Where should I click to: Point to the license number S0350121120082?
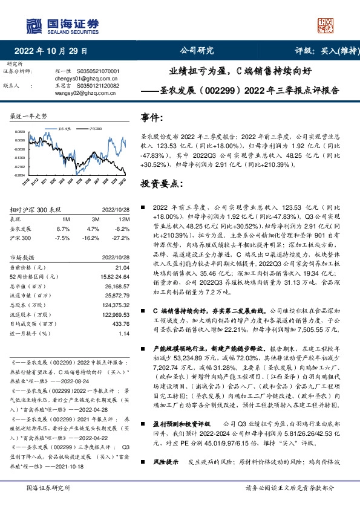tap(97, 86)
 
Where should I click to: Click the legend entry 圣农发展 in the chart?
tap(65, 129)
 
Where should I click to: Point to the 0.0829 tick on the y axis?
tap(20, 131)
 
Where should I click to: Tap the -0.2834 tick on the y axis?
tap(20, 174)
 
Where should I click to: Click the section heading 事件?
tap(152, 117)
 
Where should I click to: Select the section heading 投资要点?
tap(159, 183)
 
